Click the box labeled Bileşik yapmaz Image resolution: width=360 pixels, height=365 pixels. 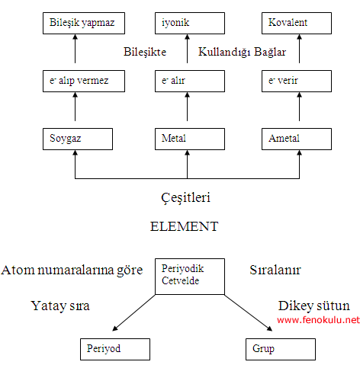(84, 23)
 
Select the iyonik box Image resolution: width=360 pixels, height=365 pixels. (190, 23)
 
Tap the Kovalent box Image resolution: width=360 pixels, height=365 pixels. (297, 23)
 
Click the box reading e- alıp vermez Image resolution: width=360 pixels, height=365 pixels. (84, 81)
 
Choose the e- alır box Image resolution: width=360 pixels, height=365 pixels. (190, 81)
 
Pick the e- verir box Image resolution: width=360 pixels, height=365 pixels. (297, 81)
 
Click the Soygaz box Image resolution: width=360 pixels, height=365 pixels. (78, 139)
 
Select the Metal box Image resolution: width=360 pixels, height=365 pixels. (190, 139)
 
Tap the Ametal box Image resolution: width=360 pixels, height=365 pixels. (297, 139)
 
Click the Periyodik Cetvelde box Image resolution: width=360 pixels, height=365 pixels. (190, 277)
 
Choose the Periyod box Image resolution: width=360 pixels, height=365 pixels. (115, 349)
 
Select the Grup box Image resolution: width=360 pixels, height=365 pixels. (281, 349)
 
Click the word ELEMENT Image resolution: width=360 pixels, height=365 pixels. (185, 226)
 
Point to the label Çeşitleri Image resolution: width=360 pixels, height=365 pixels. (185, 198)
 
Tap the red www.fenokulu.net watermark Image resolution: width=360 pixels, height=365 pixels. (319, 320)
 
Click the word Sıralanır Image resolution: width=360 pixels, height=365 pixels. (275, 270)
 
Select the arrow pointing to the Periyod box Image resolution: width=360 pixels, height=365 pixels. (133, 313)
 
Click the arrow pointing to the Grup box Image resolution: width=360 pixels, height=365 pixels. (249, 313)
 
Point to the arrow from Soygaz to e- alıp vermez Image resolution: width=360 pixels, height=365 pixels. (75, 107)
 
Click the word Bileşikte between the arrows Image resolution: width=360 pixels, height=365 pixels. (145, 52)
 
